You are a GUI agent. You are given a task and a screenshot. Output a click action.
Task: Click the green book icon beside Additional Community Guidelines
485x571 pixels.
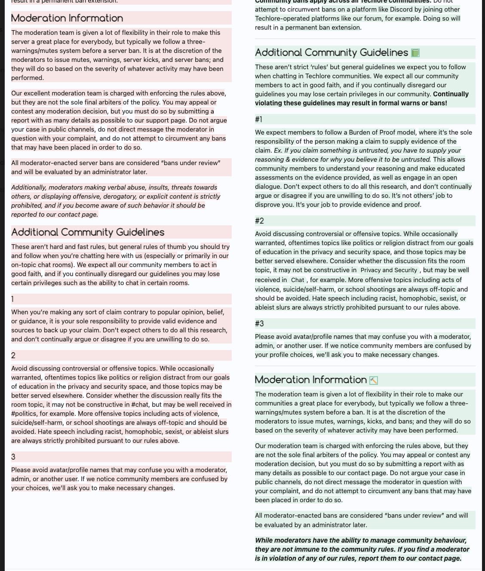pos(415,53)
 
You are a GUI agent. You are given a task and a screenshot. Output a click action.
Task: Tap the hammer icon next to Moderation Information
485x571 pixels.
pos(374,381)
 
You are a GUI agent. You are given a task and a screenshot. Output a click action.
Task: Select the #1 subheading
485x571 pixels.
pos(259,119)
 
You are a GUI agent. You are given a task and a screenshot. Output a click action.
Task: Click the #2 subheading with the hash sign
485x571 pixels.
pos(259,221)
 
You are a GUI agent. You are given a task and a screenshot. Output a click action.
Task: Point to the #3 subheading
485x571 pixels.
pos(259,323)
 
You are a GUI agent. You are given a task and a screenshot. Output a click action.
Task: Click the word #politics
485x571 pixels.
pos(25,414)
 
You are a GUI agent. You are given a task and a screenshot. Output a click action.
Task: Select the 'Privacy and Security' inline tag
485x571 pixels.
pos(389,270)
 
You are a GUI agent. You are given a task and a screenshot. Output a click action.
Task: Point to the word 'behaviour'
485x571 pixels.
pos(446,540)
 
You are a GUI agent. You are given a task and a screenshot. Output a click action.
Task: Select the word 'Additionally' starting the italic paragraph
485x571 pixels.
pos(29,187)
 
